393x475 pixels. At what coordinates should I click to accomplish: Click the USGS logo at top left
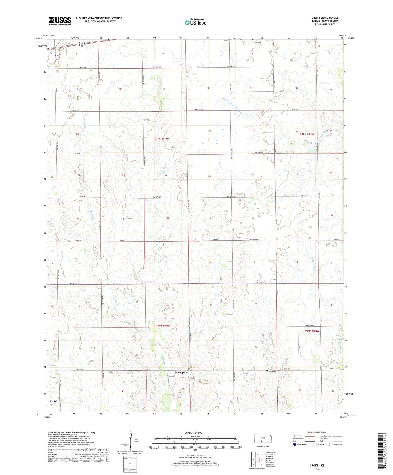[x=60, y=21]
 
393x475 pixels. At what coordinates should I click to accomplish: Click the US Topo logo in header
[x=195, y=22]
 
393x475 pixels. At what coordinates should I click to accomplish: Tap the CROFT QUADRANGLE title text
[x=325, y=18]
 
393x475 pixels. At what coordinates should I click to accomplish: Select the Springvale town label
[x=181, y=372]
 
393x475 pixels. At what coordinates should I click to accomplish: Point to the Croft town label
[x=53, y=401]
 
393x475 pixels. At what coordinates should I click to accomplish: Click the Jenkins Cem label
[x=337, y=243]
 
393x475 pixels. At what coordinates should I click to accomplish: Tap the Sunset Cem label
[x=256, y=42]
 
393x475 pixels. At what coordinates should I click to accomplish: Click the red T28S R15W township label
[x=162, y=139]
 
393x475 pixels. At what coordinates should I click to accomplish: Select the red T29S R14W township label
[x=312, y=331]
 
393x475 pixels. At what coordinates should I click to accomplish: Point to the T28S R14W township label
[x=307, y=134]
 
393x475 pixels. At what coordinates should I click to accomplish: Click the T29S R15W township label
[x=163, y=326]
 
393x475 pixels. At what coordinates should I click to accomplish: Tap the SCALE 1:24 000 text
[x=193, y=433]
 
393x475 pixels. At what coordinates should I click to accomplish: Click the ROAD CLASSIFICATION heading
[x=317, y=432]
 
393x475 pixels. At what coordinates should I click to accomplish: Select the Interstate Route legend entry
[x=301, y=445]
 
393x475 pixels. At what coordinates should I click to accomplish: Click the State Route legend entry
[x=335, y=445]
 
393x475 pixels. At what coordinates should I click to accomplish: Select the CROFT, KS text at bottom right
[x=317, y=465]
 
